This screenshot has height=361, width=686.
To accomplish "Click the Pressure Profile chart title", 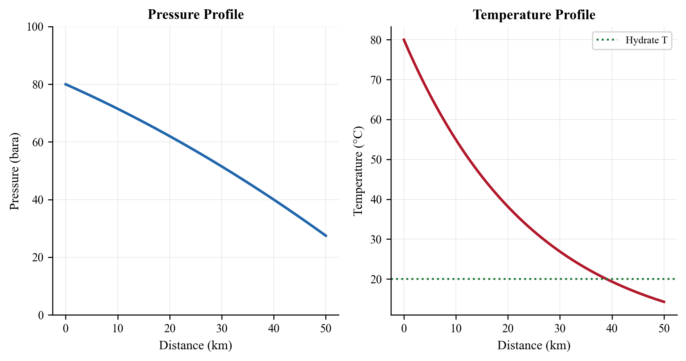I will click(x=195, y=15).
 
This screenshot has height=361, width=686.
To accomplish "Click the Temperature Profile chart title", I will click(x=534, y=15).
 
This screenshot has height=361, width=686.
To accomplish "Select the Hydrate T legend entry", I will click(x=646, y=40).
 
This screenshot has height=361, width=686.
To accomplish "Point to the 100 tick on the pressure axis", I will click(x=35, y=27).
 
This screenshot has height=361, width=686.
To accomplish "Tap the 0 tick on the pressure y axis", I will click(x=41, y=315).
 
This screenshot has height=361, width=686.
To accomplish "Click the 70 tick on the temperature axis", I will click(x=376, y=80).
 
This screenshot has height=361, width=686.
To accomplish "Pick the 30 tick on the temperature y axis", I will click(x=376, y=239).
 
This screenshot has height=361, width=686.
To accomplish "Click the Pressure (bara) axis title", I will click(x=14, y=171).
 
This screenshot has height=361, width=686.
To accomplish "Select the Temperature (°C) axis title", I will click(x=358, y=171).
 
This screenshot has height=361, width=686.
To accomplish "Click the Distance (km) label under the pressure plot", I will click(x=195, y=345).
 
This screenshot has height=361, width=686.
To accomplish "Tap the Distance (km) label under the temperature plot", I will click(x=534, y=345).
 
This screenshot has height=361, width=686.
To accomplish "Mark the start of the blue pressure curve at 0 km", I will click(x=65, y=84).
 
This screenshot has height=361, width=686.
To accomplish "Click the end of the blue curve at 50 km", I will click(x=326, y=236).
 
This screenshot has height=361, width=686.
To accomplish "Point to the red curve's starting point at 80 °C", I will click(x=404, y=40).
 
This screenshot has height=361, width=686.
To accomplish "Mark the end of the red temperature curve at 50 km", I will click(x=664, y=302).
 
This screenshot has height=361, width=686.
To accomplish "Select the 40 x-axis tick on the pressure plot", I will click(x=274, y=328).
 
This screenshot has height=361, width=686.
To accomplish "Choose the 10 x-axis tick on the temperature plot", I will click(x=456, y=328).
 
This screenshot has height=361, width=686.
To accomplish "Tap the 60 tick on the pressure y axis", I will click(x=38, y=142).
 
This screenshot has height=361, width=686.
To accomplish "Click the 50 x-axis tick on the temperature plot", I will click(x=664, y=328).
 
